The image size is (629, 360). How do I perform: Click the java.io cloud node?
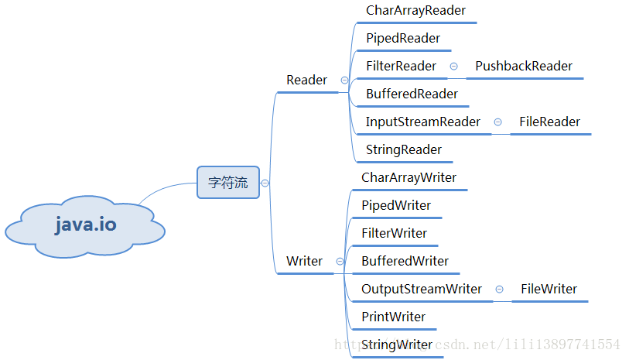85,225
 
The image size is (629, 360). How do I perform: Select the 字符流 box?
228,183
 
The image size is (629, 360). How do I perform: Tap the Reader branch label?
306,80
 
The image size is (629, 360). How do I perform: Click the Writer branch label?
304,261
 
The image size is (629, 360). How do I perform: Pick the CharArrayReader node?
415,11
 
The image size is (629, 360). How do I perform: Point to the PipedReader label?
403,38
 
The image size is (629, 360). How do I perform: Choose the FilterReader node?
401,66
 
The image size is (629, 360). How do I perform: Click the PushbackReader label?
524,66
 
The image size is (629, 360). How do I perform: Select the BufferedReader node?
412,94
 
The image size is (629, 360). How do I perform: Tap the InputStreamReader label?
422,122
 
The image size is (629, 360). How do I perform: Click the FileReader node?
549,122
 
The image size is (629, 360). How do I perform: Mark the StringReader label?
404,149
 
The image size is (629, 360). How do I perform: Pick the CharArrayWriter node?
409,177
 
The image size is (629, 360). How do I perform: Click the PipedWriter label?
396,205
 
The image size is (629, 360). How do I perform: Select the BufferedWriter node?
405,261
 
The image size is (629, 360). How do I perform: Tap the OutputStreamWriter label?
422,289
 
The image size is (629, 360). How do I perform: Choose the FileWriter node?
549,289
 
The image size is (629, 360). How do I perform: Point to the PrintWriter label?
393,317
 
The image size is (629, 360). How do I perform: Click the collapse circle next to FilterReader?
453,67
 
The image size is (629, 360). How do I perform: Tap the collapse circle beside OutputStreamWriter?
499,290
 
